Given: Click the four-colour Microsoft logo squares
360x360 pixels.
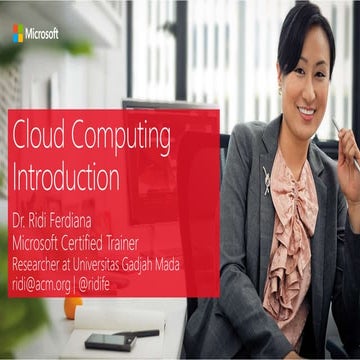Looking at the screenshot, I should pyautogui.click(x=18, y=33).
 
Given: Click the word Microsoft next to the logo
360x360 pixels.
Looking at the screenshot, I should pyautogui.click(x=42, y=33).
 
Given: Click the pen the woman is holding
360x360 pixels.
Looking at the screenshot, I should pyautogui.click(x=346, y=142).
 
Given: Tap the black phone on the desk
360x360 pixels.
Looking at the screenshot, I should pyautogui.click(x=109, y=341).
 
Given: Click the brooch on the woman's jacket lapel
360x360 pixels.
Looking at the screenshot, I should pyautogui.click(x=266, y=180).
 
